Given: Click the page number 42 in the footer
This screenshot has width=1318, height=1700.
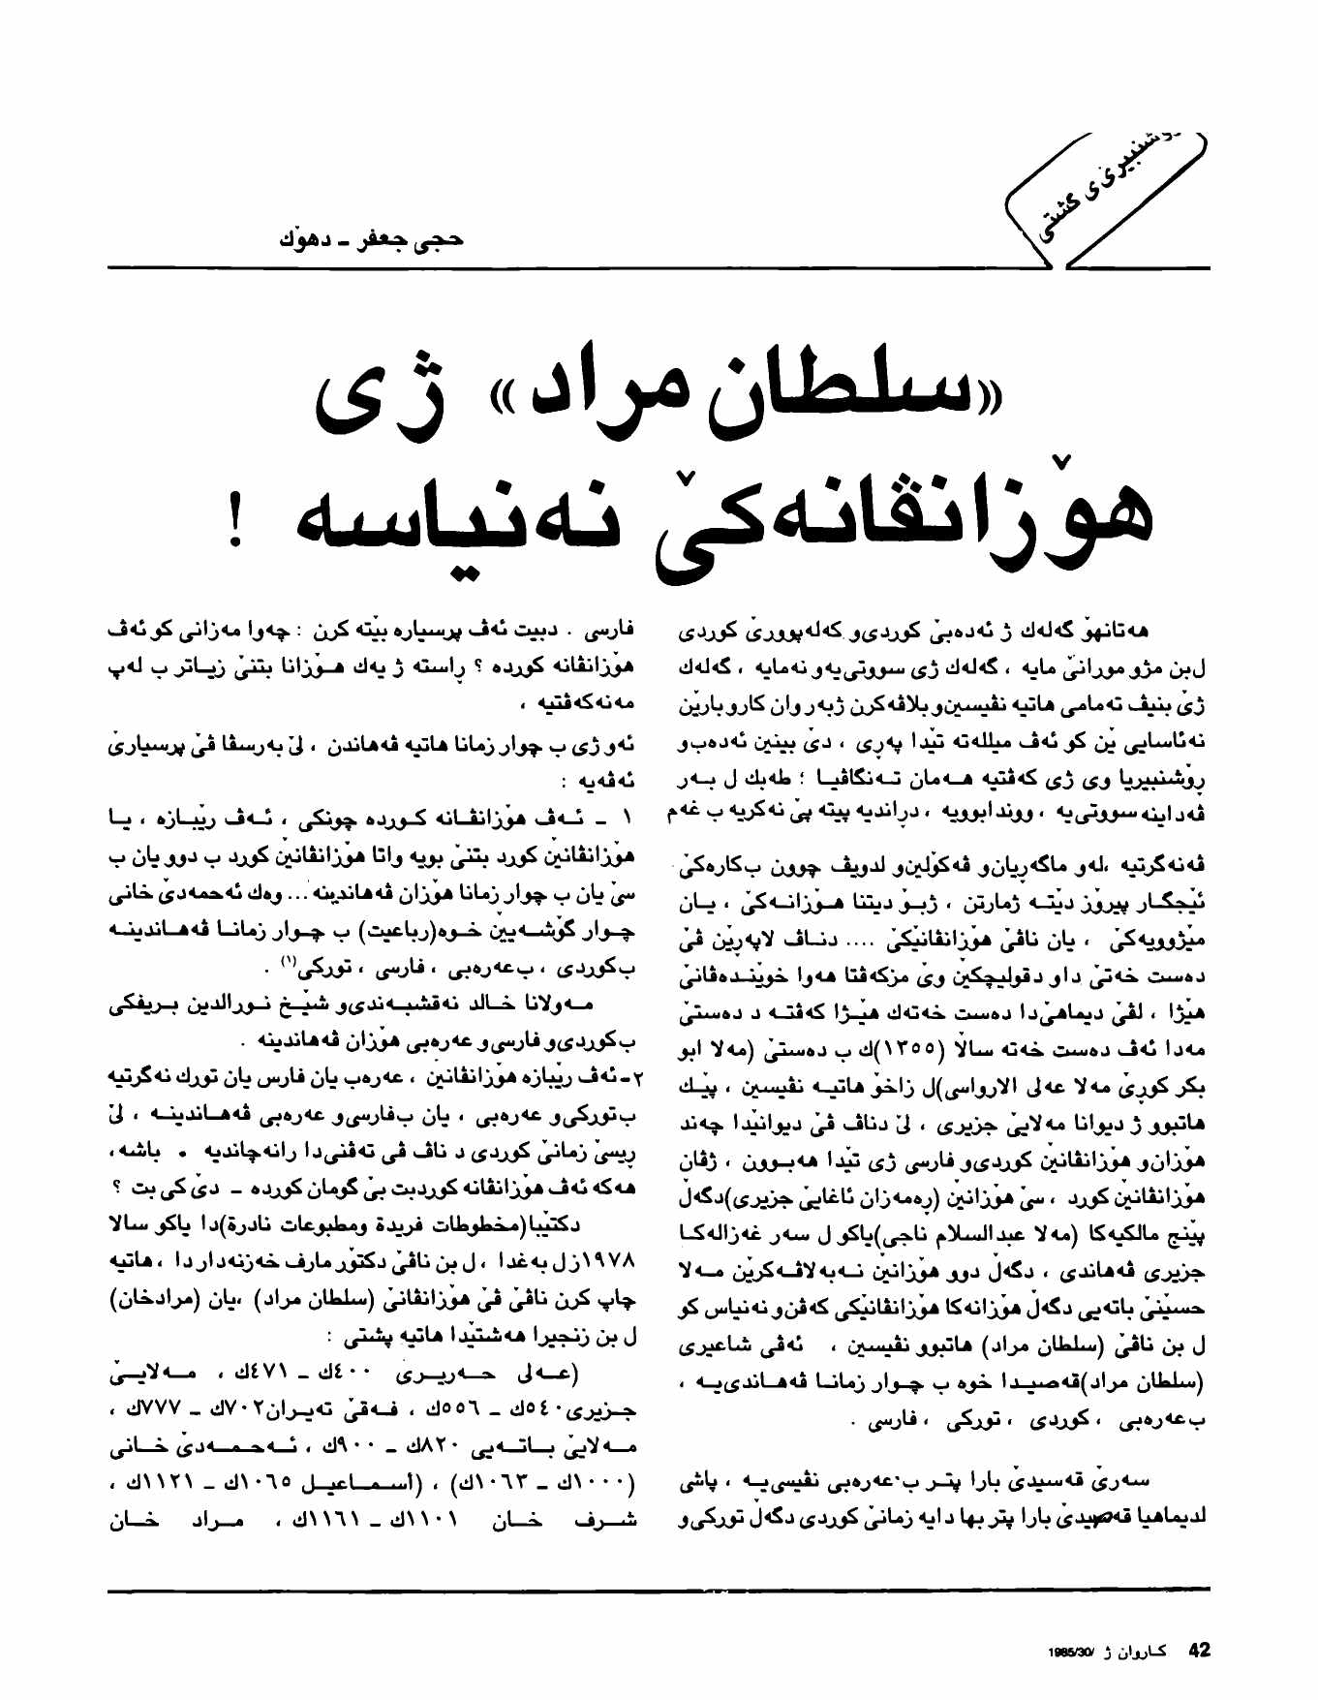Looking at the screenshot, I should tap(1199, 1650).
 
